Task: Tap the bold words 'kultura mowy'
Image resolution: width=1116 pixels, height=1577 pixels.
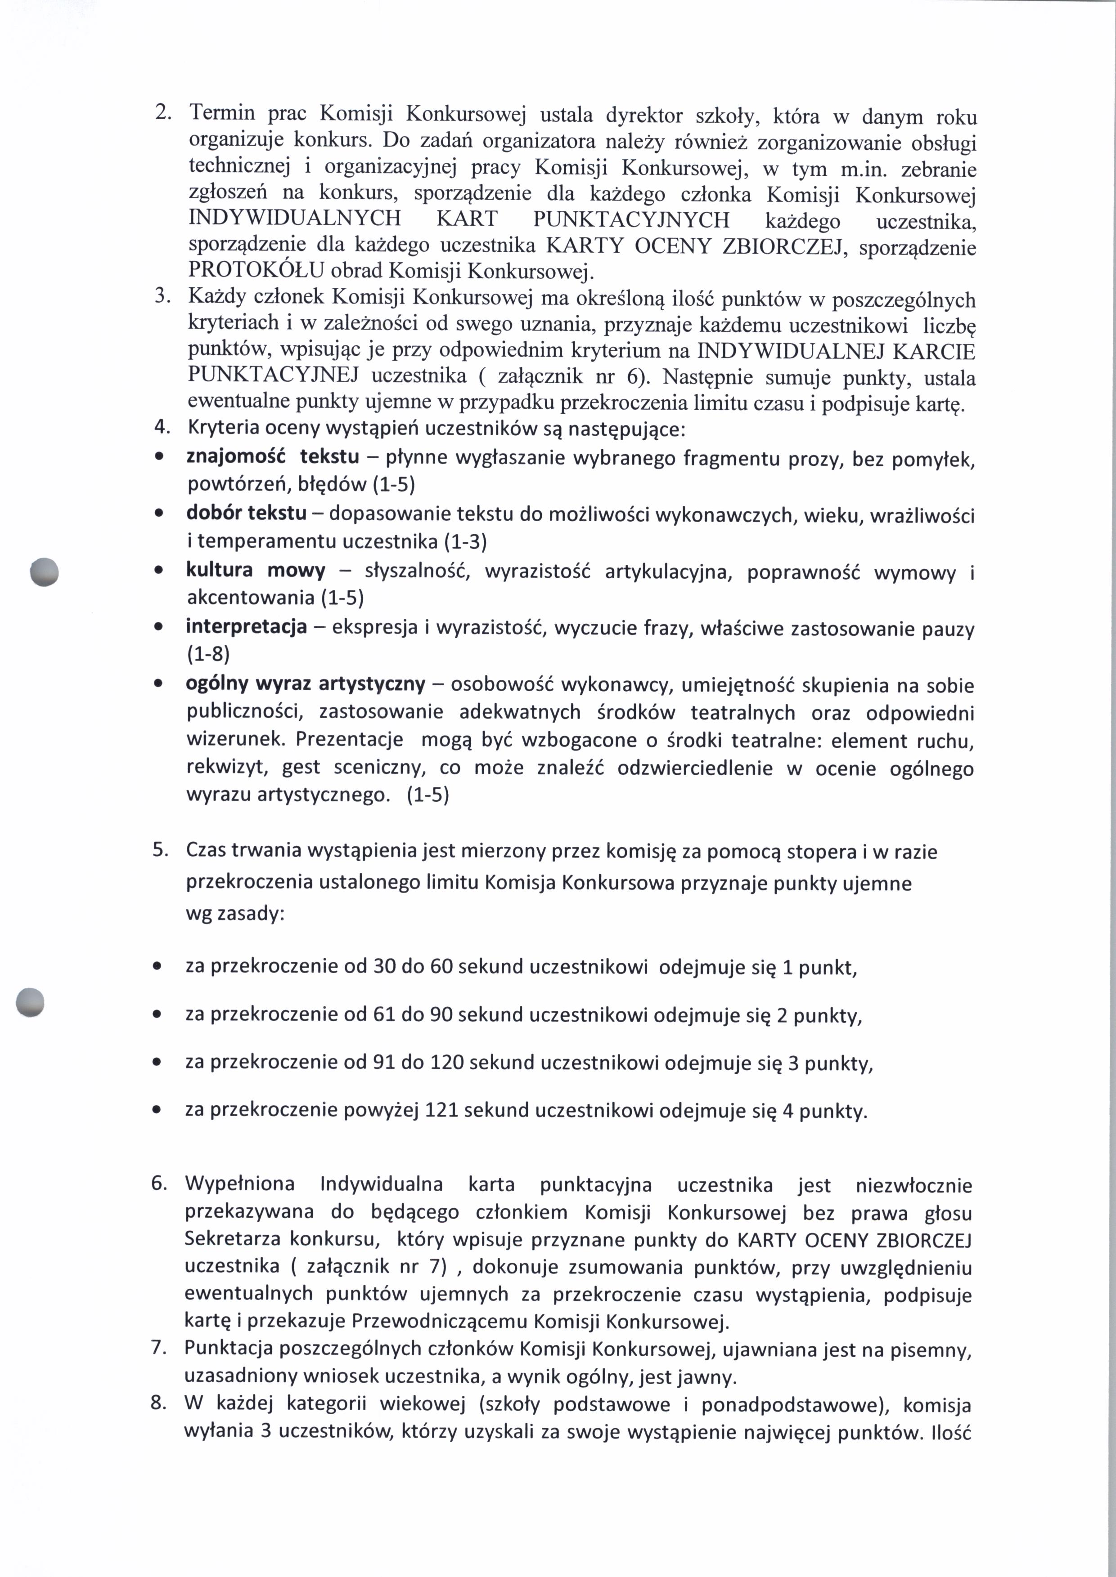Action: click(256, 570)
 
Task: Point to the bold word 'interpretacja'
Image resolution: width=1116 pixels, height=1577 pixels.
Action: click(246, 627)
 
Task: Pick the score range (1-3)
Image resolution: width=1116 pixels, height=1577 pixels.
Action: click(465, 542)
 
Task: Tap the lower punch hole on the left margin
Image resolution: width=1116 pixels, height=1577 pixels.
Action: click(30, 1001)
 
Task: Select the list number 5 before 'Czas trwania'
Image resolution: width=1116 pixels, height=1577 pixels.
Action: click(160, 850)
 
